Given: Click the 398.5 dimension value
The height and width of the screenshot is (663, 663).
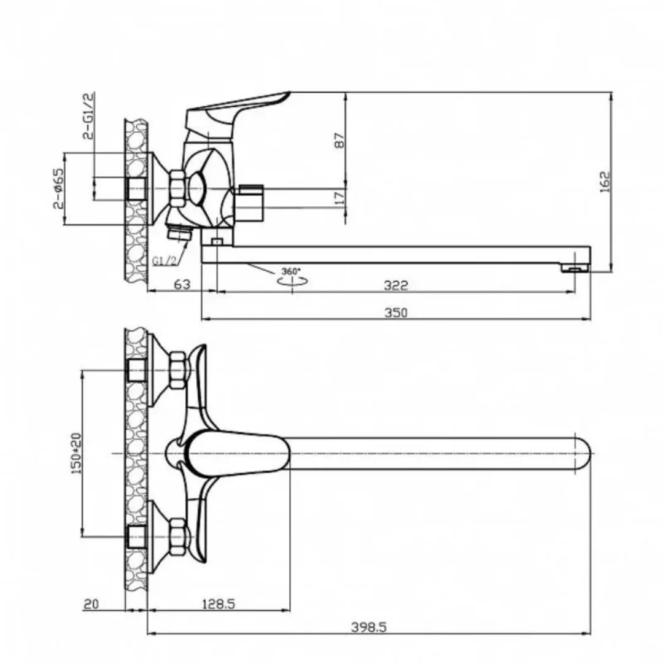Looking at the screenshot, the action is click(369, 627).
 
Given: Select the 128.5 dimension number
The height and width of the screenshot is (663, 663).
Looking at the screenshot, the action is click(218, 604).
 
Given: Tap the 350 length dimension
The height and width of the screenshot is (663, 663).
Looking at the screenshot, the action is click(396, 312).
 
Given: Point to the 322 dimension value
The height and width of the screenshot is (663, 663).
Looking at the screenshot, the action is click(396, 285).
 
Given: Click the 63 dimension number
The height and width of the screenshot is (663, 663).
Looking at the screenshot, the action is click(182, 284).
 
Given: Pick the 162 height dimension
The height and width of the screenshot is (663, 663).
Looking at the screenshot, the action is click(605, 181).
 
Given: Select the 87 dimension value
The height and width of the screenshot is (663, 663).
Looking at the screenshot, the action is click(339, 141).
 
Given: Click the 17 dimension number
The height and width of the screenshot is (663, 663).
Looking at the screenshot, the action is click(339, 198).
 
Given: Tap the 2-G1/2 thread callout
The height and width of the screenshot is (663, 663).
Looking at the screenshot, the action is click(88, 116).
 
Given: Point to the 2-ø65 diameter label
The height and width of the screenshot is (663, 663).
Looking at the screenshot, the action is click(58, 188).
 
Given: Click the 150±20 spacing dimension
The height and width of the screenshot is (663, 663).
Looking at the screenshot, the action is click(76, 453).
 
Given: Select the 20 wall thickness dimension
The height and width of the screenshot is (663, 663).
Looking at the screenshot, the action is click(91, 604).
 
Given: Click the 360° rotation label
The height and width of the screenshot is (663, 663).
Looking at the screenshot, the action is click(291, 271).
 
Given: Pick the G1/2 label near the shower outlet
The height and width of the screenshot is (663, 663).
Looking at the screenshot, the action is click(164, 261).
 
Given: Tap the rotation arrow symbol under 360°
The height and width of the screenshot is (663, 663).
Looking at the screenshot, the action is click(292, 281).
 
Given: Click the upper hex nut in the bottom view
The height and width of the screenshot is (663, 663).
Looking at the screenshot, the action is click(178, 370).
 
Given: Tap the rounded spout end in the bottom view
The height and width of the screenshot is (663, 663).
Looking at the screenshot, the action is click(583, 453).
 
